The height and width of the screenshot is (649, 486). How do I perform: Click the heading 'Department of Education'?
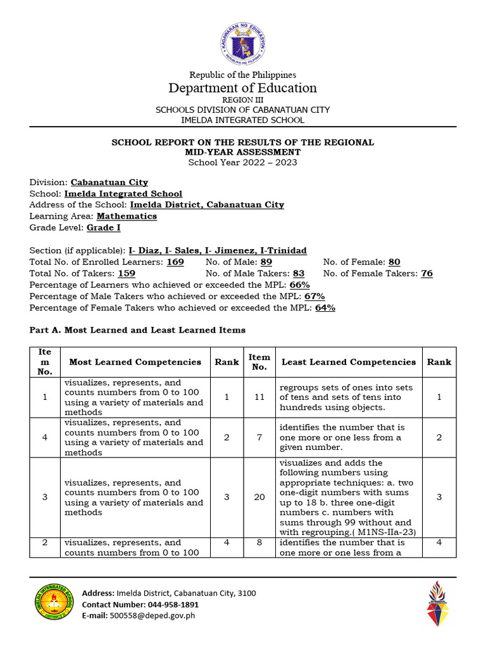tap(242, 88)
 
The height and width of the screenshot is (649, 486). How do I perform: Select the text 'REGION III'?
tap(242, 100)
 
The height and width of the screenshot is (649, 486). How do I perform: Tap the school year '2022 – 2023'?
tap(270, 162)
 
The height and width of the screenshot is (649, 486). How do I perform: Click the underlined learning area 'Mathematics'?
tap(127, 216)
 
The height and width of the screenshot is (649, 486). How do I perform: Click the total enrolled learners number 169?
tap(175, 262)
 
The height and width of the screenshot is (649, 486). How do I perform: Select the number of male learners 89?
tap(266, 262)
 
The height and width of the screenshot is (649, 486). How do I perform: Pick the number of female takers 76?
tap(427, 273)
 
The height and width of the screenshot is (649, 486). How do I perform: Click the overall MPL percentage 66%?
tap(299, 285)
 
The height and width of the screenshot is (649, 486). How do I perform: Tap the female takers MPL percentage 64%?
tap(325, 307)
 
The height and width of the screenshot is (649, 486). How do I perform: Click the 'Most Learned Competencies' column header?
tap(135, 362)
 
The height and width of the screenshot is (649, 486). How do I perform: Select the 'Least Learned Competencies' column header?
tap(348, 362)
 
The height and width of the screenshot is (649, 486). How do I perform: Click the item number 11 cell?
tap(259, 397)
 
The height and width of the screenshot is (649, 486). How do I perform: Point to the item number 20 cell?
tap(259, 497)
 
